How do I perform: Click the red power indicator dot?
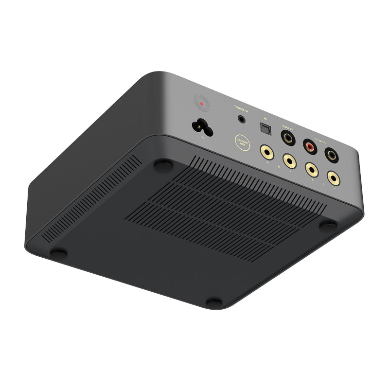coord(201,104)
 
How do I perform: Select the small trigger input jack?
coord(241,118)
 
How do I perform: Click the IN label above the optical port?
coord(265,118)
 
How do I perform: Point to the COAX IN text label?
coord(288,127)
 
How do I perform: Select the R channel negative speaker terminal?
coord(289,159)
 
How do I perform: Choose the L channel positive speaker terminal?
coord(311,169)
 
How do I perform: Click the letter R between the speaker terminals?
coord(279,166)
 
